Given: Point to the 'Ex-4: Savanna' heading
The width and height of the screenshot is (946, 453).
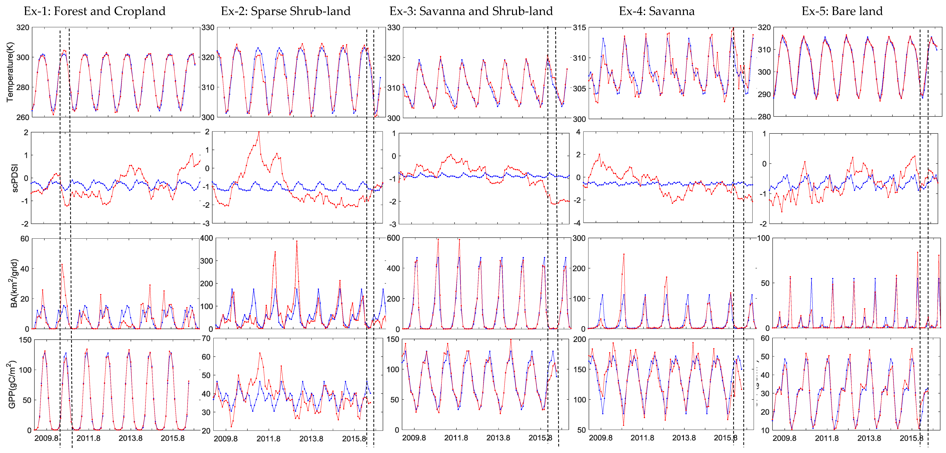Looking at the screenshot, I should [x=657, y=11].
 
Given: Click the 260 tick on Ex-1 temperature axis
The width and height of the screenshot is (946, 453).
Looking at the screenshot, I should [x=23, y=117].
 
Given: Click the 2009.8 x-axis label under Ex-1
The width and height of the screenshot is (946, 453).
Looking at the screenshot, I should [x=46, y=438].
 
